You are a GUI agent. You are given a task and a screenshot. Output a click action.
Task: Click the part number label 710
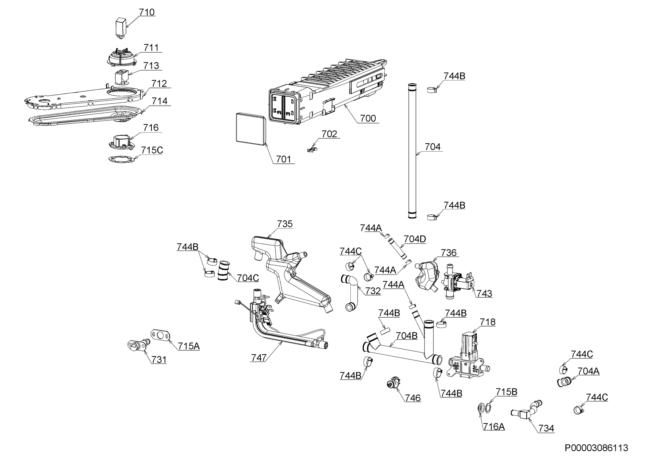click(x=147, y=12)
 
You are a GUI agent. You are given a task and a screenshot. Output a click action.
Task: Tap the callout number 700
click(x=368, y=118)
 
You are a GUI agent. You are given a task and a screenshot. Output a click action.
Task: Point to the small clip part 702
click(x=312, y=149)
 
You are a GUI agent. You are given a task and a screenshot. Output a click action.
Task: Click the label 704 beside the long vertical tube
click(x=432, y=147)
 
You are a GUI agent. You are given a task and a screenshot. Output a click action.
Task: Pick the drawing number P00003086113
click(x=596, y=448)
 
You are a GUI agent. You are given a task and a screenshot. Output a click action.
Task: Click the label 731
click(x=159, y=359)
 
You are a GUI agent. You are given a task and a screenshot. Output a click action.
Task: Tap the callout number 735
click(x=285, y=224)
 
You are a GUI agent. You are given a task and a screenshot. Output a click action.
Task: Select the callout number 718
click(x=488, y=322)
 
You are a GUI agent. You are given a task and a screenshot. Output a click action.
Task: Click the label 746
click(x=413, y=398)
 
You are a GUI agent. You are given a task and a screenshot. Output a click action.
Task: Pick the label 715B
click(x=507, y=392)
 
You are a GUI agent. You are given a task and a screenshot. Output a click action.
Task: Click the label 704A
click(x=588, y=371)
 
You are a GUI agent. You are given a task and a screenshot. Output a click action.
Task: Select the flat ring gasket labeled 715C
click(x=121, y=159)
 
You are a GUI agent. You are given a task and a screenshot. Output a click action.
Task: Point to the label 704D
click(x=415, y=239)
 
